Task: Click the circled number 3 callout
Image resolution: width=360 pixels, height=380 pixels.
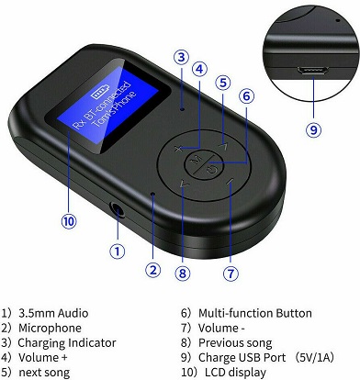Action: tap(182, 57)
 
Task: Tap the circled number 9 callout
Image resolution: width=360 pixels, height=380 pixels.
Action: tap(314, 130)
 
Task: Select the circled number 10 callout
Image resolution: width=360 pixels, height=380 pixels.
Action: tap(69, 221)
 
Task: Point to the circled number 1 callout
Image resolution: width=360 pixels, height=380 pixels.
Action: tap(118, 251)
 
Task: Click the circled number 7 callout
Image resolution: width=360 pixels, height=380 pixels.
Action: tap(231, 273)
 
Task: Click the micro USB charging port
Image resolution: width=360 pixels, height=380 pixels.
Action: tap(312, 71)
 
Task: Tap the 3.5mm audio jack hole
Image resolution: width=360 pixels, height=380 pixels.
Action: tap(118, 209)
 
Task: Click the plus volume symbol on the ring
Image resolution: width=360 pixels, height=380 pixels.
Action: tap(178, 149)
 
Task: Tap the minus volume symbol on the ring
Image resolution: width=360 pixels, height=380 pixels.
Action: tap(230, 182)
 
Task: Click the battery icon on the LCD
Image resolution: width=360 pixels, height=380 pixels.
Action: tap(100, 93)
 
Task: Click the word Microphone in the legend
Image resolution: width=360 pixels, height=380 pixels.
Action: tap(50, 328)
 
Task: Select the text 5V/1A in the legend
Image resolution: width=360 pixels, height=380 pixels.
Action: tap(314, 357)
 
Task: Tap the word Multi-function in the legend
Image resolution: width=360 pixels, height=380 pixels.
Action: tap(236, 313)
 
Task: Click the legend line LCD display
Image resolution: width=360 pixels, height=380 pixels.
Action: tap(235, 373)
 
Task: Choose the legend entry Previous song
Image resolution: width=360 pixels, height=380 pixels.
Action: tap(235, 343)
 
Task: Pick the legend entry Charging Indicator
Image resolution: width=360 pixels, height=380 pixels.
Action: tap(67, 343)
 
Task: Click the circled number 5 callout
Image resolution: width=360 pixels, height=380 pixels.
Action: tap(223, 83)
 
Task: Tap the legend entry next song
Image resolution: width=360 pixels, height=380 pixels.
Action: tap(44, 373)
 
